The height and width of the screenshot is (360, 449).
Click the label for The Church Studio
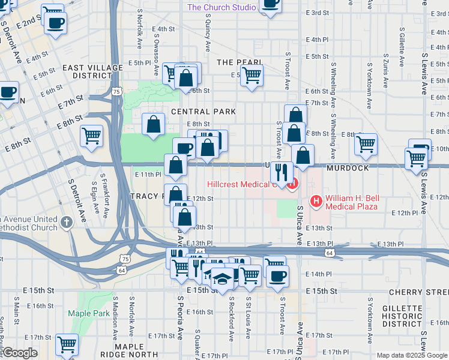click(x=221, y=7)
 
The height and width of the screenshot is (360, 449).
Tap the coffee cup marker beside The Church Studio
click(x=270, y=5)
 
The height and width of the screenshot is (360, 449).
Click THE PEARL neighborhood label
click(x=239, y=62)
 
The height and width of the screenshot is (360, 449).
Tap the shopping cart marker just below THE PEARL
click(x=252, y=76)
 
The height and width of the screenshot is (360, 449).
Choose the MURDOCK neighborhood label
click(x=348, y=168)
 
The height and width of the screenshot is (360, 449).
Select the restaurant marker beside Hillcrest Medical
click(x=280, y=173)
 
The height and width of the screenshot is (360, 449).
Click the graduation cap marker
click(x=223, y=278)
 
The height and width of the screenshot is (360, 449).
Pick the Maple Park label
click(x=88, y=313)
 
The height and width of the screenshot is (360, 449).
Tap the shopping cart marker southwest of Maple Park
click(x=67, y=345)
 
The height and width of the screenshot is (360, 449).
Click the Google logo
click(x=20, y=352)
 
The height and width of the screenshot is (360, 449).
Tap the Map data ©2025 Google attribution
click(x=412, y=355)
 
